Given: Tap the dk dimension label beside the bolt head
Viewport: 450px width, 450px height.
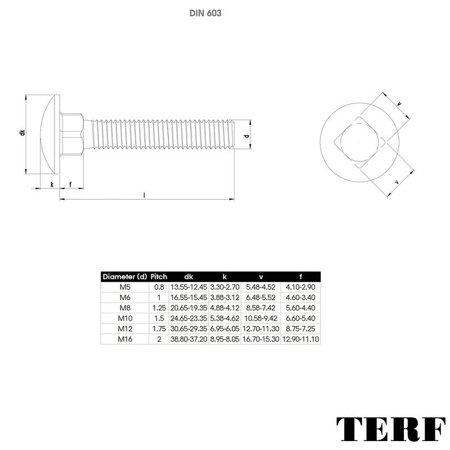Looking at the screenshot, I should pos(22,133).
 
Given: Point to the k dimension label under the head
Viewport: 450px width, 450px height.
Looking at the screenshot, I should pos(52,184).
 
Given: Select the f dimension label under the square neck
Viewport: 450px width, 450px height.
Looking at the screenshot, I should pos(71,184).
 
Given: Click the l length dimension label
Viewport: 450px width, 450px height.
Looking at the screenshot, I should pos(145,195).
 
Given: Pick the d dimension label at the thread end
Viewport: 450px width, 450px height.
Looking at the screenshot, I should pos(246,136).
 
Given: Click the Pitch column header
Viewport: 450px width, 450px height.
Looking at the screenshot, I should pos(159,277).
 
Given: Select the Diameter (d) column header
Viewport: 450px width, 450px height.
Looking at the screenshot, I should pos(124,277).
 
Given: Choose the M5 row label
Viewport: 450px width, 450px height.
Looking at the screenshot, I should pos(124,287).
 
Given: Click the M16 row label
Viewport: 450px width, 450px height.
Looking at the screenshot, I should pos(124,339).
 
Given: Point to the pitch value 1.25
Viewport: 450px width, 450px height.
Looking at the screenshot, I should pos(159,308).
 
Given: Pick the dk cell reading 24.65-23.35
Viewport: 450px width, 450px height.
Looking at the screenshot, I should pos(188,318).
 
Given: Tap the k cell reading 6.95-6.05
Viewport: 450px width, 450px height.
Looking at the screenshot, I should pos(224,328).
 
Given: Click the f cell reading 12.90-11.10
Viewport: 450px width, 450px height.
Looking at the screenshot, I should pos(300,339).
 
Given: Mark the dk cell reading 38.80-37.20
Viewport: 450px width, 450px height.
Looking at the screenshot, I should pos(188,339).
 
